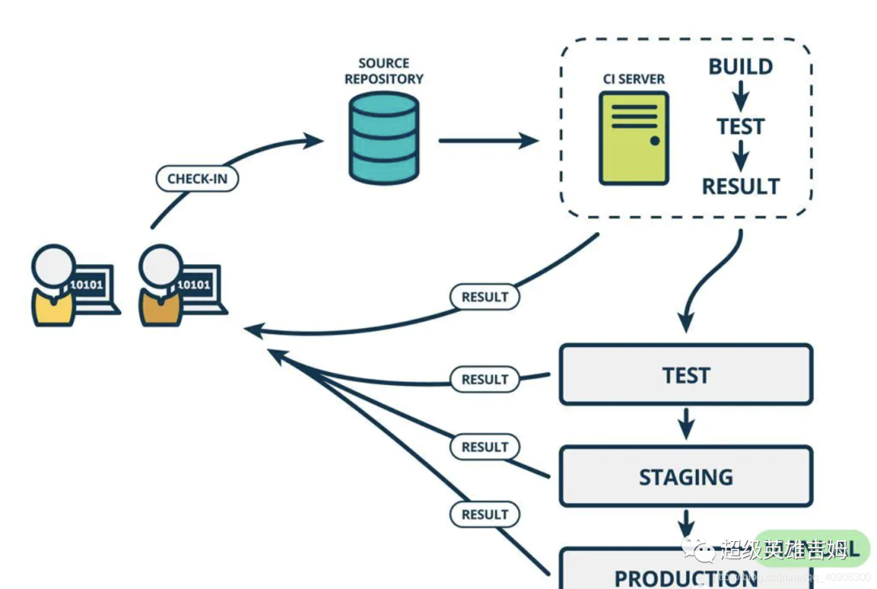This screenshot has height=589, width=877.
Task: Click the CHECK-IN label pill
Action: click(x=197, y=178)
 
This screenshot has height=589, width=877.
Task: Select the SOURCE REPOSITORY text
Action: click(x=383, y=71)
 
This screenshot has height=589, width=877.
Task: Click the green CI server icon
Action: click(x=633, y=138)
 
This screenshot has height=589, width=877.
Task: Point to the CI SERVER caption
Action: click(x=633, y=79)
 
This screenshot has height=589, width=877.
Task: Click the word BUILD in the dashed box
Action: click(x=740, y=67)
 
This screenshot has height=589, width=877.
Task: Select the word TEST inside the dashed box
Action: click(x=740, y=127)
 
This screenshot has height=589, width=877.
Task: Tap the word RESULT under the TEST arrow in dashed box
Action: click(x=740, y=186)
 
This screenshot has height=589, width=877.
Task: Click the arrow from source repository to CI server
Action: click(x=487, y=141)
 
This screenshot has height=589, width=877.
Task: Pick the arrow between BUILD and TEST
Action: click(x=740, y=97)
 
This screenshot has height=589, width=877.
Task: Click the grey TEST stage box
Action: click(x=686, y=375)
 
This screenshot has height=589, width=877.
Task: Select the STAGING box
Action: click(x=686, y=476)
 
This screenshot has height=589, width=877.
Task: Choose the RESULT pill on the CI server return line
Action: click(x=485, y=297)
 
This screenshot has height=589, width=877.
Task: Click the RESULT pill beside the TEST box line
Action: click(x=485, y=379)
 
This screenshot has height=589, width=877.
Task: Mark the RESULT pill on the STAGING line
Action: click(x=485, y=447)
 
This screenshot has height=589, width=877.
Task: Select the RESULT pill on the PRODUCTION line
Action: click(x=485, y=514)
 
